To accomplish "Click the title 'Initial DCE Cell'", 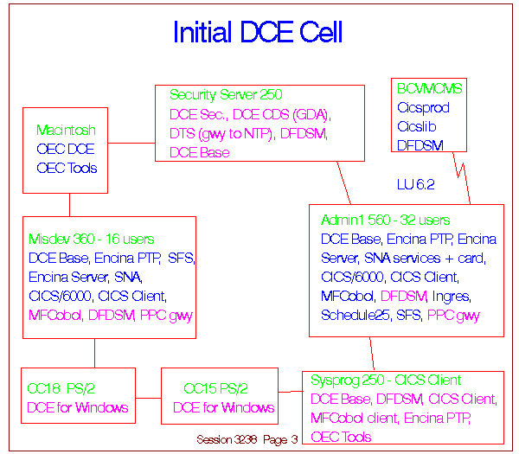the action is click(x=258, y=31).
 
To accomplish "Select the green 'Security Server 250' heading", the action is click(x=226, y=94).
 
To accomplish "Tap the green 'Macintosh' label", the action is click(x=66, y=130).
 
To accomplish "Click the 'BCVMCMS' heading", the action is click(x=429, y=88).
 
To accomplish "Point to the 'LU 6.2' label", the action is click(x=416, y=184).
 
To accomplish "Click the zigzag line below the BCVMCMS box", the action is click(x=462, y=178).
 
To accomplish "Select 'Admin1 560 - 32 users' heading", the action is click(x=385, y=220).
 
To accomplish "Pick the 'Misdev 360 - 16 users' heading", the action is click(x=92, y=239).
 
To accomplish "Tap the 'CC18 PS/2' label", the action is click(x=61, y=388).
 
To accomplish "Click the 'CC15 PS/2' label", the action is click(x=215, y=388).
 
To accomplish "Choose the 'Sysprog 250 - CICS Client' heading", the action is click(x=386, y=380).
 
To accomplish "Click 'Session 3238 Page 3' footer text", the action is click(x=247, y=439).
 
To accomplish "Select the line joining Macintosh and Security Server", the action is click(x=131, y=143).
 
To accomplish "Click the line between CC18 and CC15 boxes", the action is click(x=148, y=398).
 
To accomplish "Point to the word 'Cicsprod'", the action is click(x=423, y=108).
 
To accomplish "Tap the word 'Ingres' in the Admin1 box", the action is click(x=452, y=297).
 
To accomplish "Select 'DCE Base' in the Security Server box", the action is click(x=199, y=152).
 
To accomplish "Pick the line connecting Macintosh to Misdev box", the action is click(x=69, y=205).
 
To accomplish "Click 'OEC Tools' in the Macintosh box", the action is click(x=67, y=168).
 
